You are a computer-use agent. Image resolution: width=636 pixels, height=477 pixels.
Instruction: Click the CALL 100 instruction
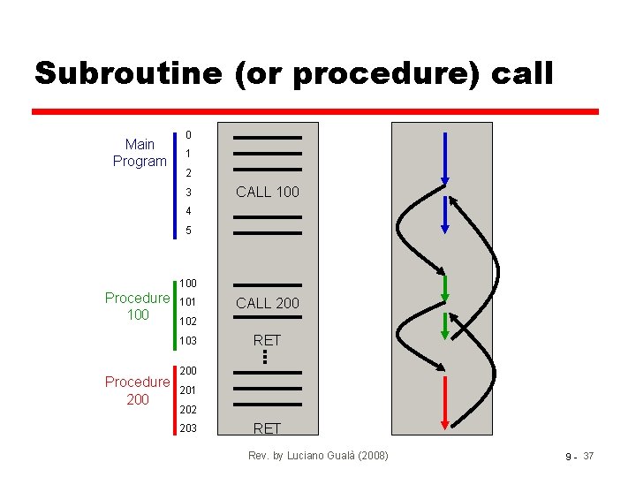tap(267, 192)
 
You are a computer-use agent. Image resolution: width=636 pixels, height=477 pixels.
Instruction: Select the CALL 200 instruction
tap(267, 303)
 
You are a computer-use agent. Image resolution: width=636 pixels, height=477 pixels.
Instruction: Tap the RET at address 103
tap(267, 340)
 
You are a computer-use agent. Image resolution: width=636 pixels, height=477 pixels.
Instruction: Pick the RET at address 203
tap(267, 428)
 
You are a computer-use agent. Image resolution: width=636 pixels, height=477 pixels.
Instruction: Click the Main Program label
tap(140, 153)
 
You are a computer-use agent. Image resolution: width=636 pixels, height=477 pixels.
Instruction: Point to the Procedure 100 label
tap(137, 306)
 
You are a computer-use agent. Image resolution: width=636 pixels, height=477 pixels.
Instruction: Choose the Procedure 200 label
tap(137, 390)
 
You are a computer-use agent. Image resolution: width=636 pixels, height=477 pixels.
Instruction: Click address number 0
tap(188, 135)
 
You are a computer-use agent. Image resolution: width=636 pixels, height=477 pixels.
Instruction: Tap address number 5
tap(188, 231)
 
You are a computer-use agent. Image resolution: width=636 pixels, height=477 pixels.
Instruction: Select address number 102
tap(188, 322)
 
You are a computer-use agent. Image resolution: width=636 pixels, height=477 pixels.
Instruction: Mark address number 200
tap(188, 371)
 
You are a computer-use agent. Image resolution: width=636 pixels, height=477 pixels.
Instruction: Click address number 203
tap(188, 428)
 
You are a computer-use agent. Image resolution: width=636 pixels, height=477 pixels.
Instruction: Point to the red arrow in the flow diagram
tap(445, 402)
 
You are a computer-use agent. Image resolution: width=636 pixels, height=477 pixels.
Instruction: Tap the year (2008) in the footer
tap(368, 456)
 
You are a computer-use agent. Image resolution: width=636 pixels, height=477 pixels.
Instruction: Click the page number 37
tap(589, 456)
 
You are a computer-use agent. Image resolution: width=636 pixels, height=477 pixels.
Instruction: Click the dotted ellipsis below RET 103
tap(264, 356)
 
